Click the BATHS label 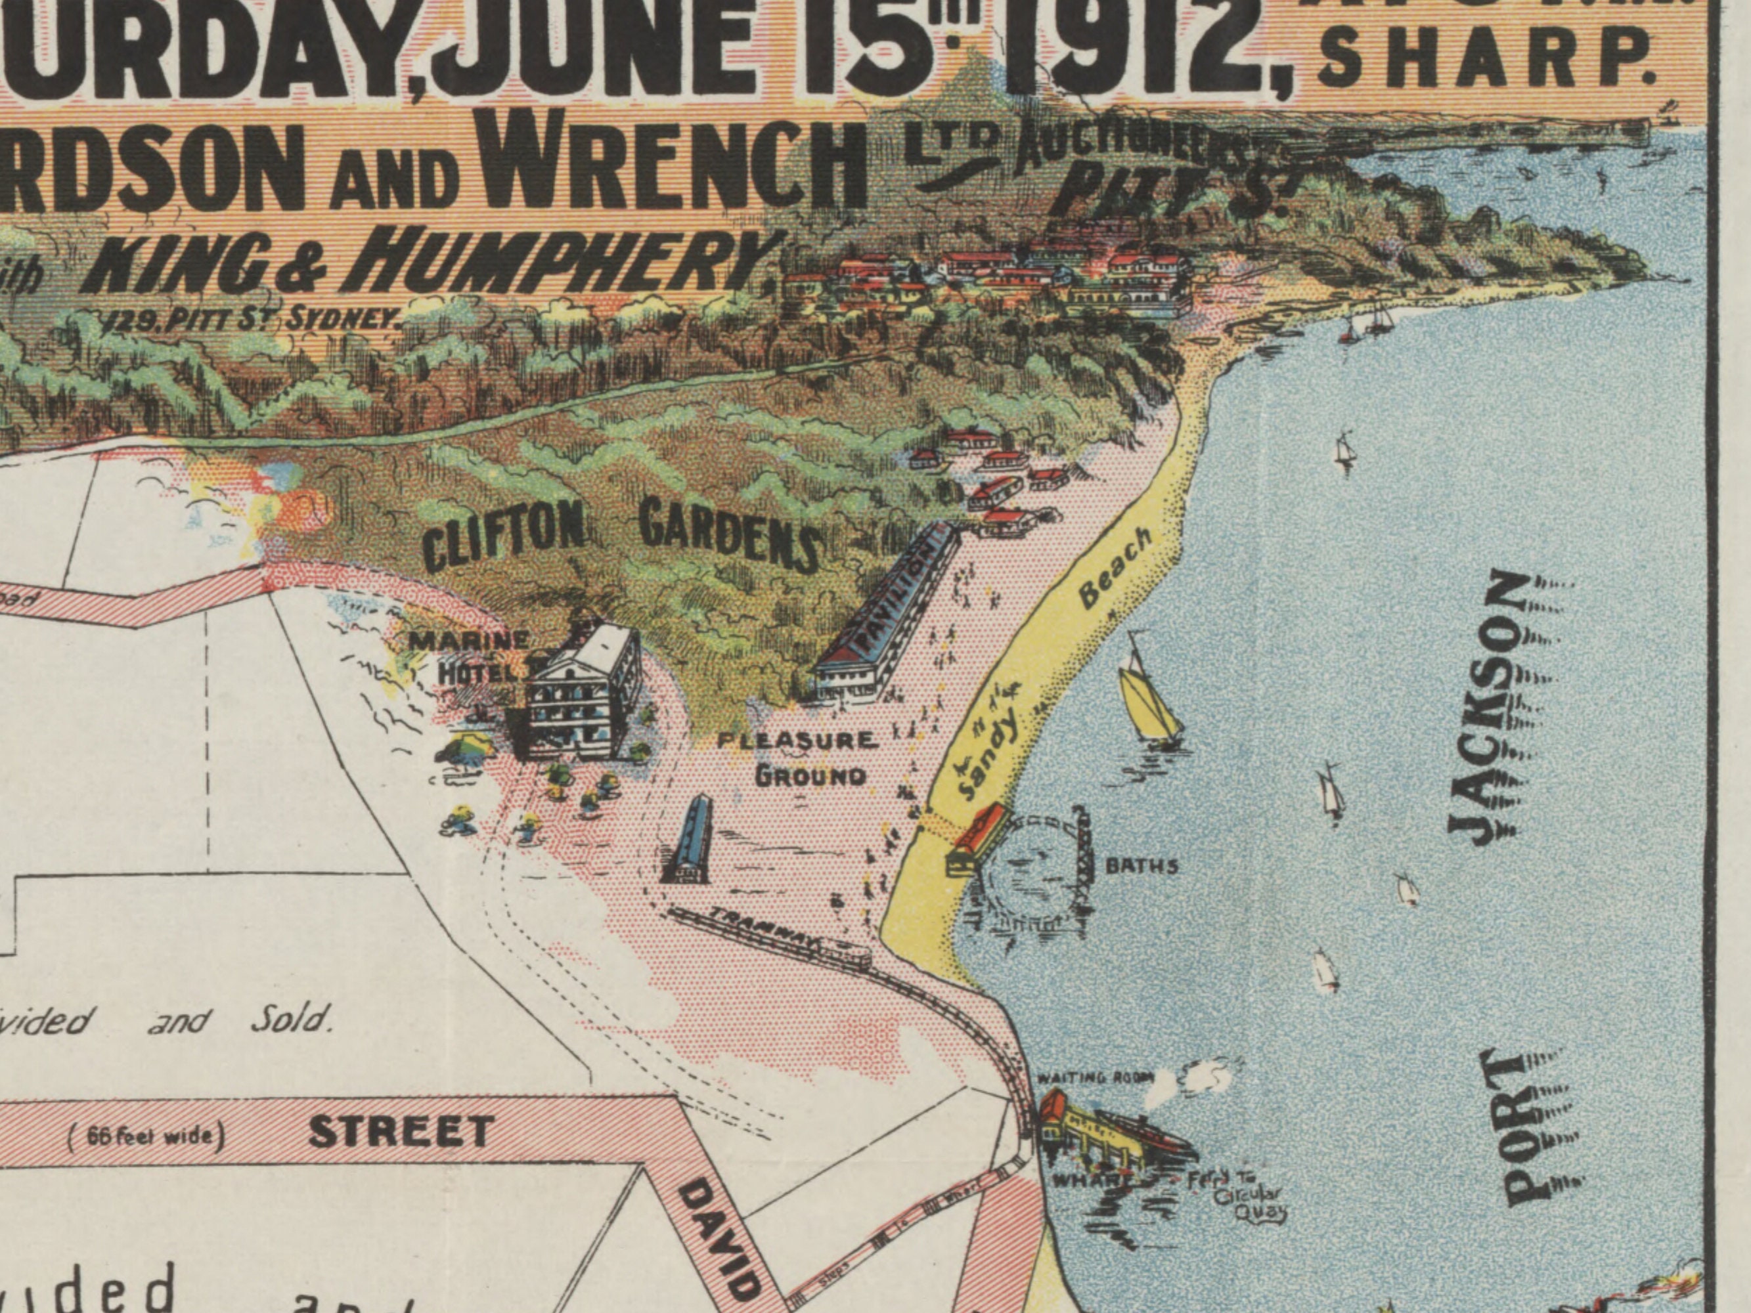pos(1141,866)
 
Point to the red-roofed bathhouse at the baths pos(977,837)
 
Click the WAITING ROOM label pos(1096,1078)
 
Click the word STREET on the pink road pos(401,1132)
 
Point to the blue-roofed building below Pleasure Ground pos(688,843)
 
